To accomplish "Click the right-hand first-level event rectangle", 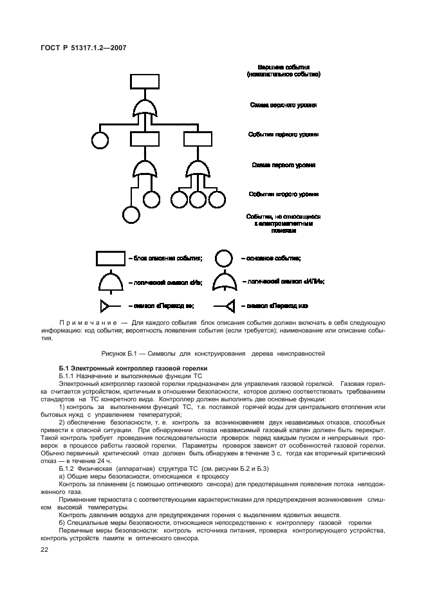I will [x=197, y=139].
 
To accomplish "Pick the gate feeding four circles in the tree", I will [x=197, y=169].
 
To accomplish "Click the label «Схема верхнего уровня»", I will [x=283, y=104].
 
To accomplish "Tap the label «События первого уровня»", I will [x=283, y=134].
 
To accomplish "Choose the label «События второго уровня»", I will [x=283, y=194].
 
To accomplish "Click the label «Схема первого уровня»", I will [x=283, y=165].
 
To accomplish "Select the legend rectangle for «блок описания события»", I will [x=111, y=258].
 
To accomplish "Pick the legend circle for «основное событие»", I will [x=223, y=258].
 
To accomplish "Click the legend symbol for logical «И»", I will [x=111, y=282].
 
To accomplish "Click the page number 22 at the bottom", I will [x=44, y=549].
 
